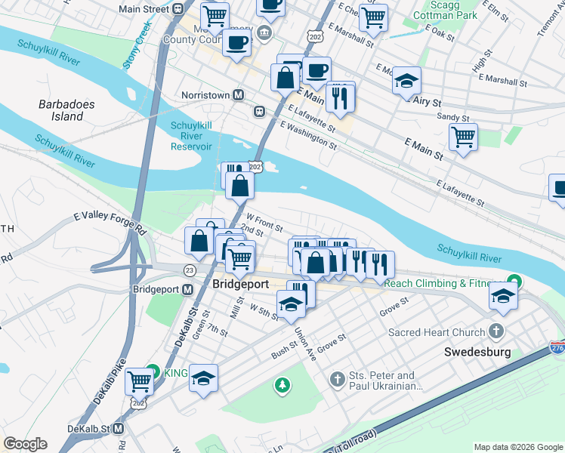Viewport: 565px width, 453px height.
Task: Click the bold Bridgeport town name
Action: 241,285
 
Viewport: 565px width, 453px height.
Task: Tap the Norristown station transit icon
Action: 238,96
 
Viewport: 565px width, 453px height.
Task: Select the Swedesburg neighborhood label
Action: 477,352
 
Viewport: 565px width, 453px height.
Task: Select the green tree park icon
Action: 282,386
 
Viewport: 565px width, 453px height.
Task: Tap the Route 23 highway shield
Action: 190,270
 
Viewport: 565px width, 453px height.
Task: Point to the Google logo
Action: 25,444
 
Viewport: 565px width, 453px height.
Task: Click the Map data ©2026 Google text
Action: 517,447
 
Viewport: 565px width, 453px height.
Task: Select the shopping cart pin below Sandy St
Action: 463,137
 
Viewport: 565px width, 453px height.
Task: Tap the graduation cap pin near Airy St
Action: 406,80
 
